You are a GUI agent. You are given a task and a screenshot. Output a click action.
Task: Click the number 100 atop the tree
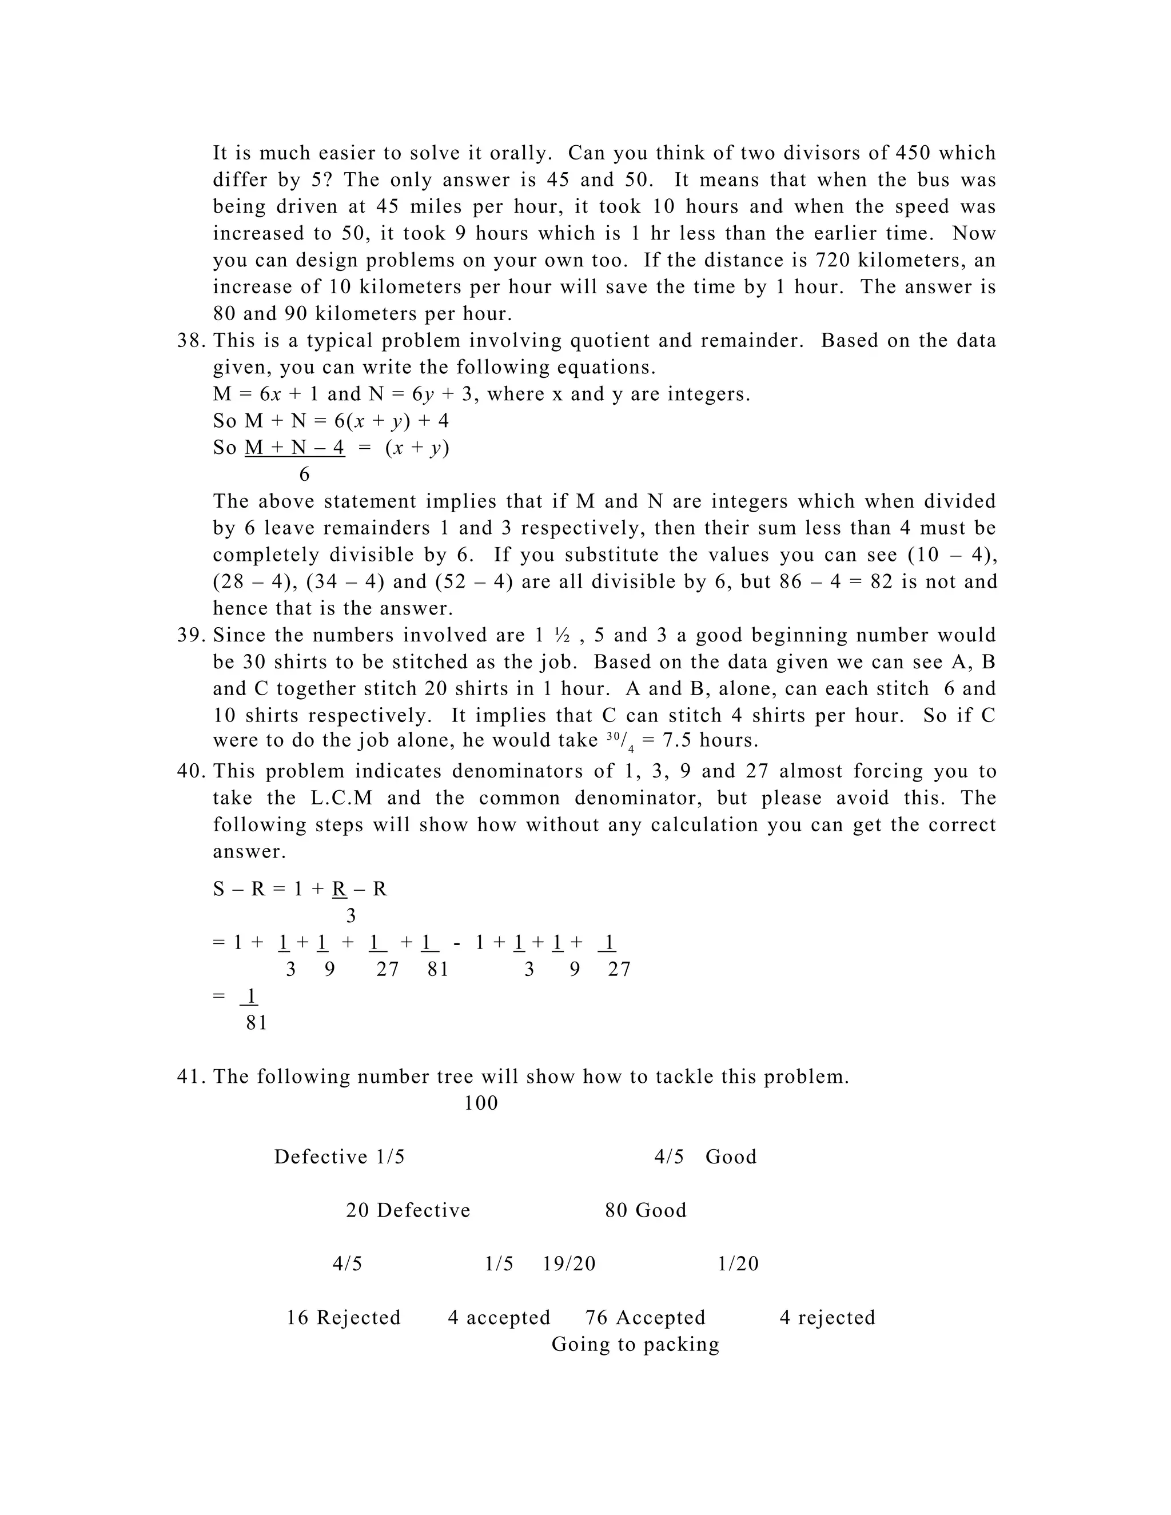(x=481, y=1103)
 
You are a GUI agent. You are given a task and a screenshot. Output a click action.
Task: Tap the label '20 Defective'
(x=408, y=1210)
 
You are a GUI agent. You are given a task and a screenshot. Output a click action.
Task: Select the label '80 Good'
(x=645, y=1210)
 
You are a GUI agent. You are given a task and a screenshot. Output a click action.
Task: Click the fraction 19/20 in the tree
(x=569, y=1264)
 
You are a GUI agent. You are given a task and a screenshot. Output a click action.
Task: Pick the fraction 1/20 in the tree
(x=738, y=1264)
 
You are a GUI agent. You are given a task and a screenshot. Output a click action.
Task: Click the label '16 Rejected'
(x=344, y=1317)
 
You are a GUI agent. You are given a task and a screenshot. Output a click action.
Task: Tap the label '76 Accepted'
(x=645, y=1317)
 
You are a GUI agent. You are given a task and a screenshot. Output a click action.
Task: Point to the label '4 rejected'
(x=827, y=1317)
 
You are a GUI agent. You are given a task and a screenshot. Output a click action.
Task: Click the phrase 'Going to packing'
(x=635, y=1345)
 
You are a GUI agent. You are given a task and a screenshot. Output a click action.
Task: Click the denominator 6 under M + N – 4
(x=304, y=475)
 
